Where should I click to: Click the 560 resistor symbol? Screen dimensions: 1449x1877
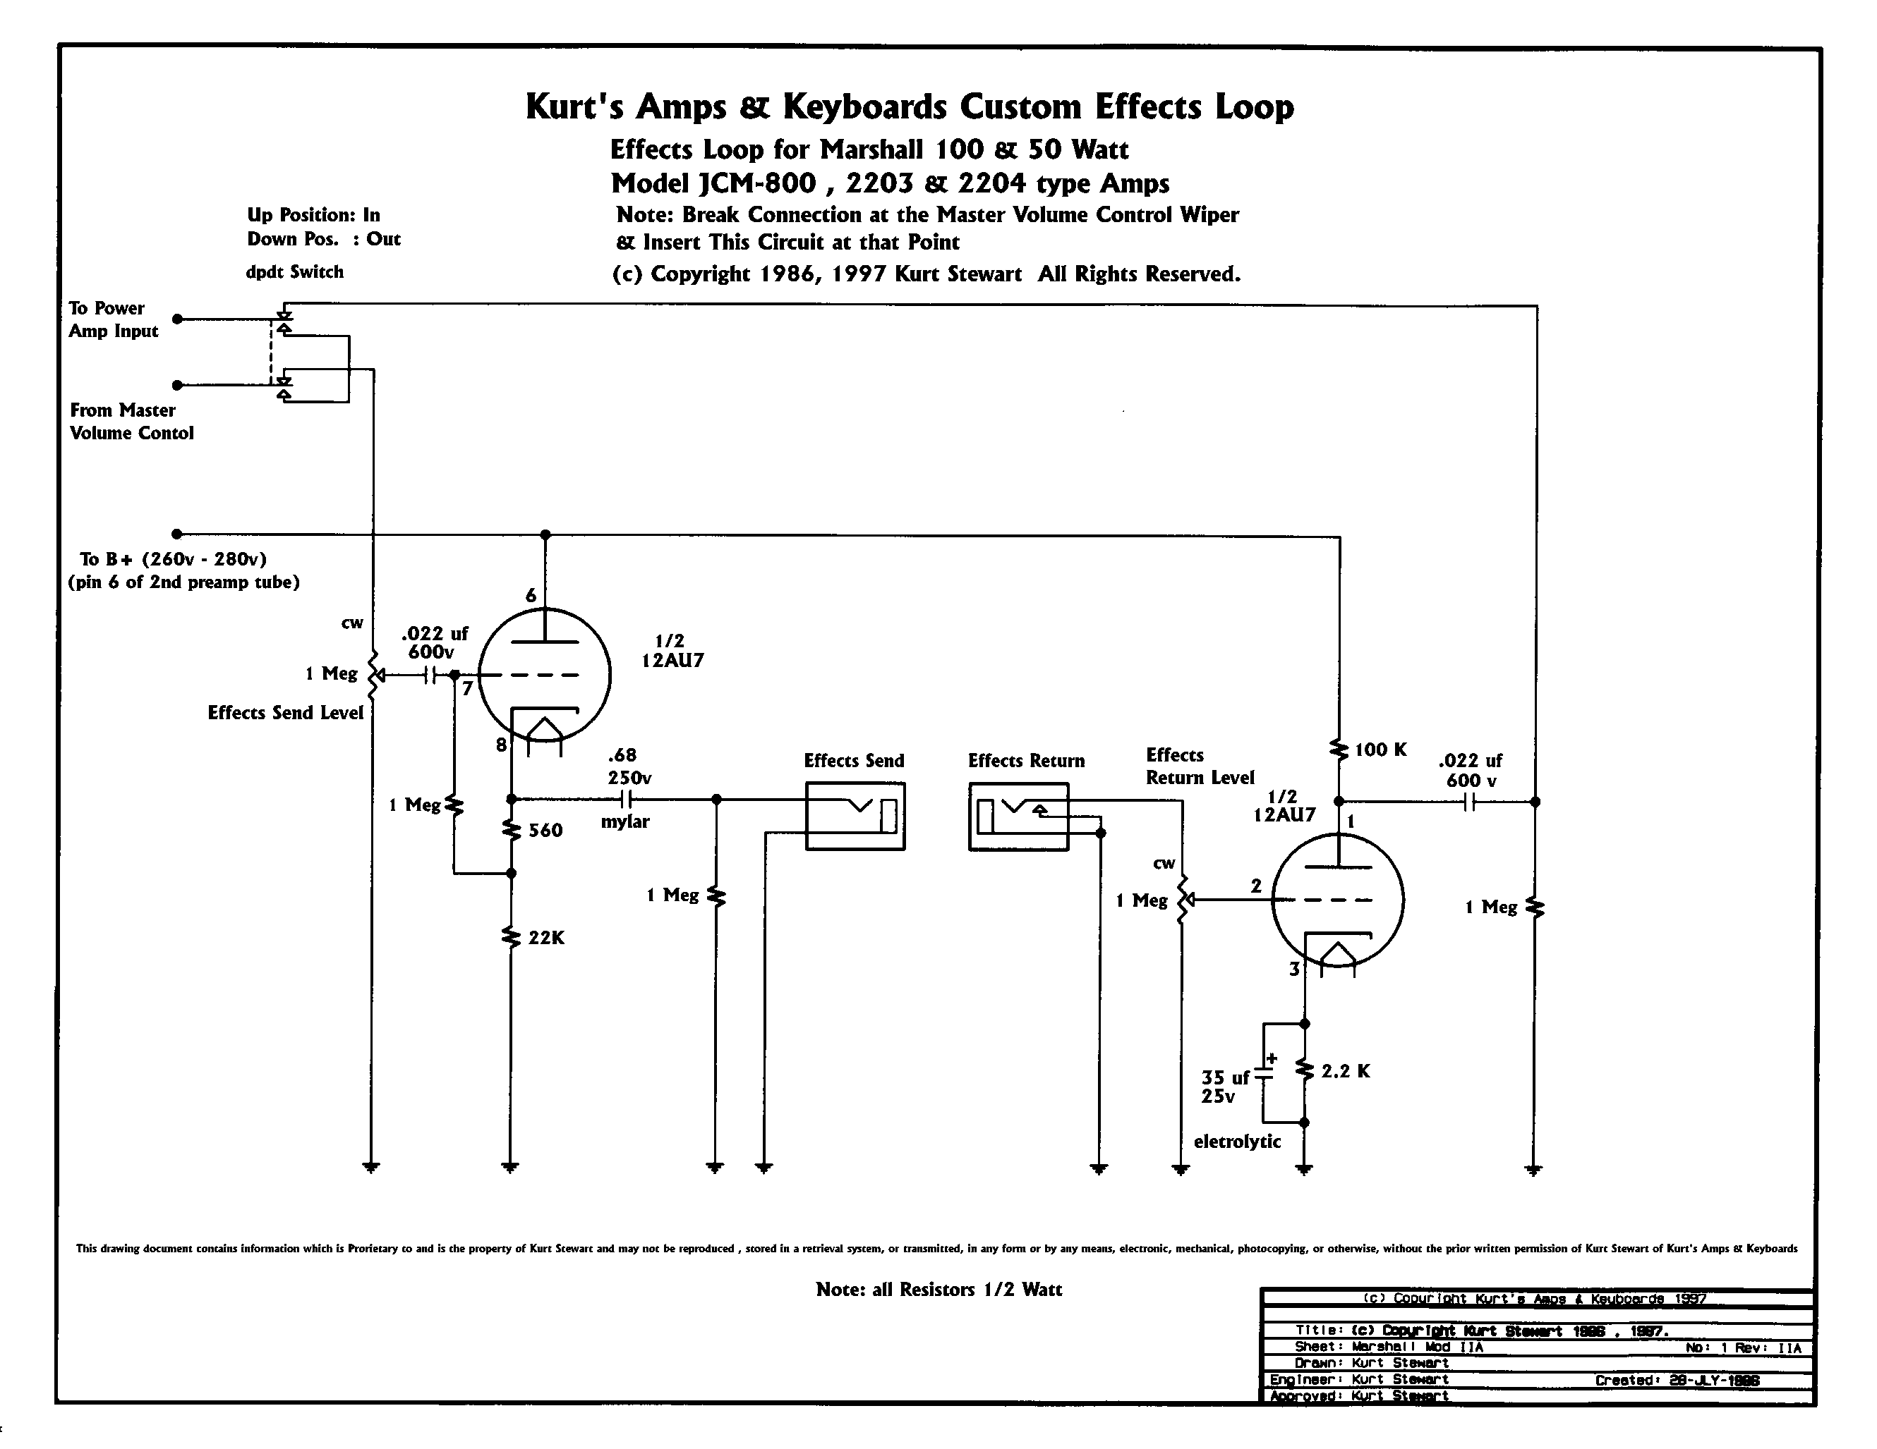(x=512, y=831)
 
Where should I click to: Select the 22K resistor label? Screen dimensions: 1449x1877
(x=547, y=938)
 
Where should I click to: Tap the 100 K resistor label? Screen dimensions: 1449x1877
(x=1380, y=750)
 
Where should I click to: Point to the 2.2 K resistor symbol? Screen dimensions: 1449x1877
(x=1305, y=1071)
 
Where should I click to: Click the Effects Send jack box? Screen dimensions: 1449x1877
(x=855, y=816)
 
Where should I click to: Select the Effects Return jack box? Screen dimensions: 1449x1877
(x=1018, y=816)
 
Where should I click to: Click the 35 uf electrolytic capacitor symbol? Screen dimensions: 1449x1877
(x=1263, y=1074)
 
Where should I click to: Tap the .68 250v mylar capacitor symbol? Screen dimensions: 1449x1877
(x=626, y=800)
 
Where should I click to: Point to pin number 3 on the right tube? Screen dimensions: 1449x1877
(x=1294, y=970)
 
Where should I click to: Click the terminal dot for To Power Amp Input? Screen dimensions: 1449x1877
(x=178, y=319)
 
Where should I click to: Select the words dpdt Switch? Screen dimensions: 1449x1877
(x=295, y=272)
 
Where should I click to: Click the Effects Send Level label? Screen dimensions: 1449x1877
(x=285, y=713)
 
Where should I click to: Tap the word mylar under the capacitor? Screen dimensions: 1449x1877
(x=624, y=822)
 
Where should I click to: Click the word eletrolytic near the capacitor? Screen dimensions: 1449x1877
(x=1237, y=1142)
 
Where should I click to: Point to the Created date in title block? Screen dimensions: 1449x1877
(x=1676, y=1381)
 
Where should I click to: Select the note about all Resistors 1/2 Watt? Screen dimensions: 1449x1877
(x=939, y=1289)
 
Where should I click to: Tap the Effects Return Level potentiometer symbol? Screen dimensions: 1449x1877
(x=1183, y=899)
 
